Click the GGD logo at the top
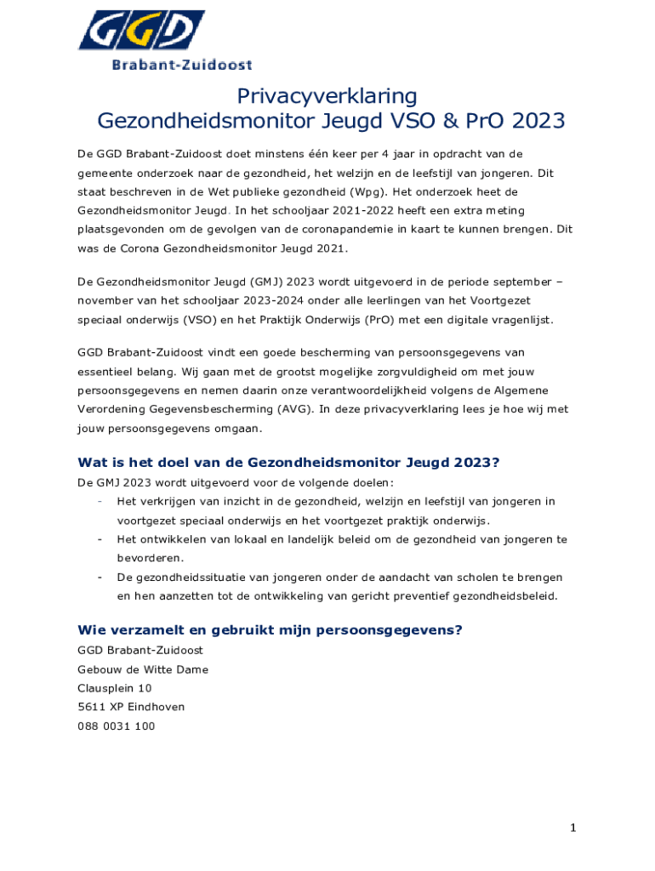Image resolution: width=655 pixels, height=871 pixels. [141, 31]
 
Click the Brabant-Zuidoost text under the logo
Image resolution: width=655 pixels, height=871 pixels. [182, 64]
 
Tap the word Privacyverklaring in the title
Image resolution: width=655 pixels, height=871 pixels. [327, 95]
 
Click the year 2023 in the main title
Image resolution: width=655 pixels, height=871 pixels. [532, 121]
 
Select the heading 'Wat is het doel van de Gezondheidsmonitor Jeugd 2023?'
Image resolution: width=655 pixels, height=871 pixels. [288, 463]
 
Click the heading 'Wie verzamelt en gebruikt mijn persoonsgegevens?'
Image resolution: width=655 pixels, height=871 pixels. [270, 630]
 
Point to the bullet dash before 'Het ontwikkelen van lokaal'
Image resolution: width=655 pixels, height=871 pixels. [100, 539]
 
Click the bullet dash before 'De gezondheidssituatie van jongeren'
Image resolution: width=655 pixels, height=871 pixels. [100, 578]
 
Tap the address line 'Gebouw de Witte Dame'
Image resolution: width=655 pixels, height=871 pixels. [143, 669]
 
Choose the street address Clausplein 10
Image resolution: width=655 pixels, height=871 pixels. [115, 688]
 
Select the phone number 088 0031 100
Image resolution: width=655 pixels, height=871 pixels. [116, 726]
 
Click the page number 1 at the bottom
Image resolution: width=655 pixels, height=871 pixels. [573, 828]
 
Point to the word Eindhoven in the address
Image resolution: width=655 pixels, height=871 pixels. [156, 707]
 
